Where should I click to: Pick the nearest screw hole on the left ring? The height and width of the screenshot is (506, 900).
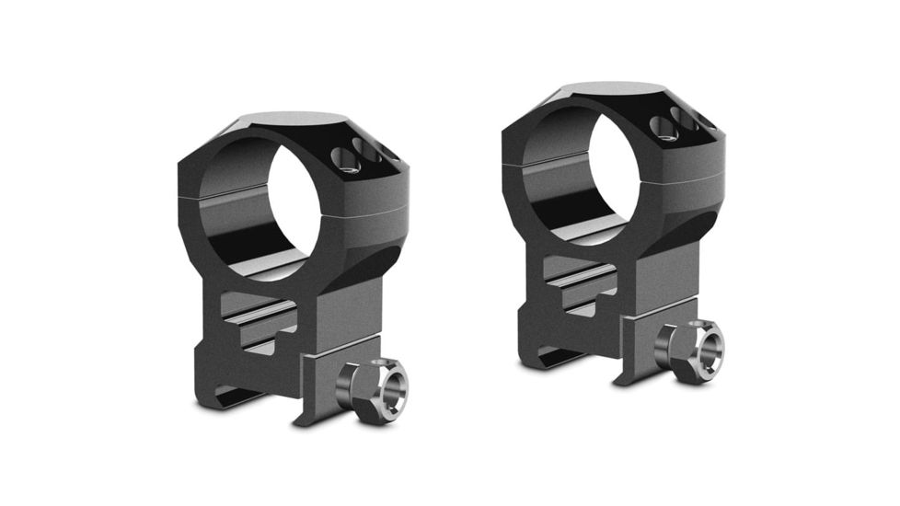point(348,163)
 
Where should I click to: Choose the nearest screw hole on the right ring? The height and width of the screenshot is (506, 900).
point(664,128)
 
